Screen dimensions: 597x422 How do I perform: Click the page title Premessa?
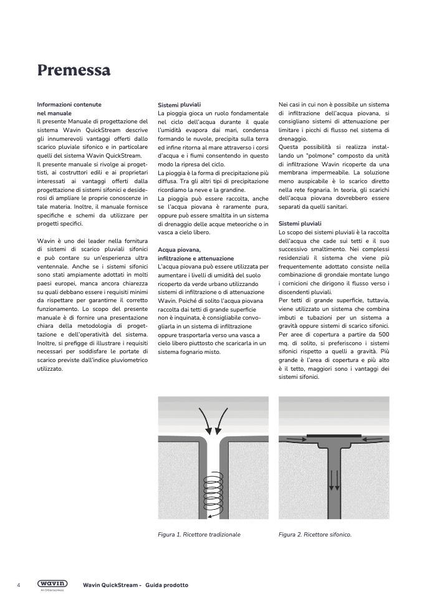click(74, 70)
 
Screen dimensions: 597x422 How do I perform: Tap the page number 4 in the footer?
click(19, 585)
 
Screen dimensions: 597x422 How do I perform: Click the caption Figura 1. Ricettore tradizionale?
click(199, 534)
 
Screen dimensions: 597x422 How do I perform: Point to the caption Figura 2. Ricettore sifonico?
click(315, 534)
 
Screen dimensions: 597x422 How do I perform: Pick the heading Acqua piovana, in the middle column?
click(175, 250)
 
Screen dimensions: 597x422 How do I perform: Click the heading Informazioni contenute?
click(69, 104)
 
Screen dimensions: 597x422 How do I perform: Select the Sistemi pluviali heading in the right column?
click(300, 223)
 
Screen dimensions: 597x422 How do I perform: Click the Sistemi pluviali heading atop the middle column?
click(180, 105)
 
